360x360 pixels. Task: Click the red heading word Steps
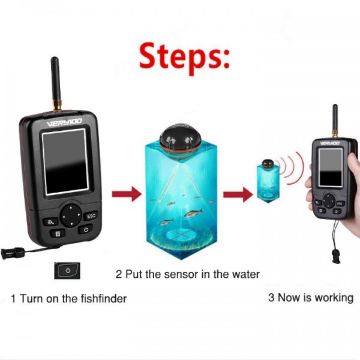(184, 58)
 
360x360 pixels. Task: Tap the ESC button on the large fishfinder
(91, 216)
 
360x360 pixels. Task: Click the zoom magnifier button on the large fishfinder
(50, 222)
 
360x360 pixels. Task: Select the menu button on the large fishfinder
(58, 234)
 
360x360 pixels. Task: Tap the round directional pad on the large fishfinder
(71, 215)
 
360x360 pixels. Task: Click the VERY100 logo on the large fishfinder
(64, 122)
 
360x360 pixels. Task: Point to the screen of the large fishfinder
(65, 162)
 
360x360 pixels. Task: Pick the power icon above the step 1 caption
(67, 270)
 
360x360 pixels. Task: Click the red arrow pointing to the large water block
(127, 194)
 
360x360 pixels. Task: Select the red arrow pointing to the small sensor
(238, 194)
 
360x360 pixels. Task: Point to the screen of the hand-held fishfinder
(331, 167)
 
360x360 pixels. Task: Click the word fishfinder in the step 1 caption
(104, 299)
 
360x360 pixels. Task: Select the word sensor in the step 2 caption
(181, 274)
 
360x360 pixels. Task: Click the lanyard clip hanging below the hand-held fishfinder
(336, 256)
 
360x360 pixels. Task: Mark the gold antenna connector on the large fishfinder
(57, 106)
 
